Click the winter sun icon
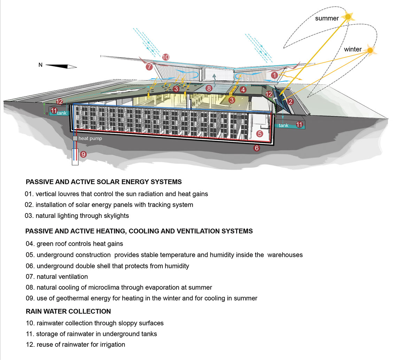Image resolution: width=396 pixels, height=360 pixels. pos(371,51)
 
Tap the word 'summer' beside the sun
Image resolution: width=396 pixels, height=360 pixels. pos(327,18)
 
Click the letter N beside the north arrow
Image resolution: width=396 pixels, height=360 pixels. pos(40,65)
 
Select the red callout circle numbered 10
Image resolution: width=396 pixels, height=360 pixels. pos(166,57)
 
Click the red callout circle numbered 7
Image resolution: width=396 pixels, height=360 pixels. pos(149,66)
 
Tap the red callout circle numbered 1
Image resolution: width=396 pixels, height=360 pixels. pos(275,75)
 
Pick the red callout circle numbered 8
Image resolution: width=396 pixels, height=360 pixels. pos(209,88)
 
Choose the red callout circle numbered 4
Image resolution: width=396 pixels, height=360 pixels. pos(243,90)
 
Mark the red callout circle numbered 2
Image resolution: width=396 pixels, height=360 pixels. pos(289,102)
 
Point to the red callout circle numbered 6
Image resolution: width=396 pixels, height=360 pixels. pos(257,148)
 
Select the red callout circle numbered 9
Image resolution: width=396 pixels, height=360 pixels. pos(83,154)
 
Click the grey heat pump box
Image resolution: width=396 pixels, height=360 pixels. pos(75,138)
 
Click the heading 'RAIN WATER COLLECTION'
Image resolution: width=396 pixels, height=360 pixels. pos(68,311)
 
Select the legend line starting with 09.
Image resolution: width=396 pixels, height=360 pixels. pos(141,298)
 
